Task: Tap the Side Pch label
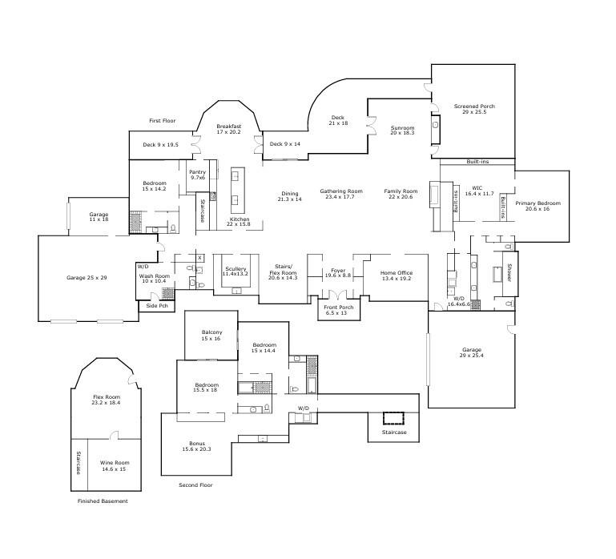(157, 306)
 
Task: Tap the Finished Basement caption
(103, 501)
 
